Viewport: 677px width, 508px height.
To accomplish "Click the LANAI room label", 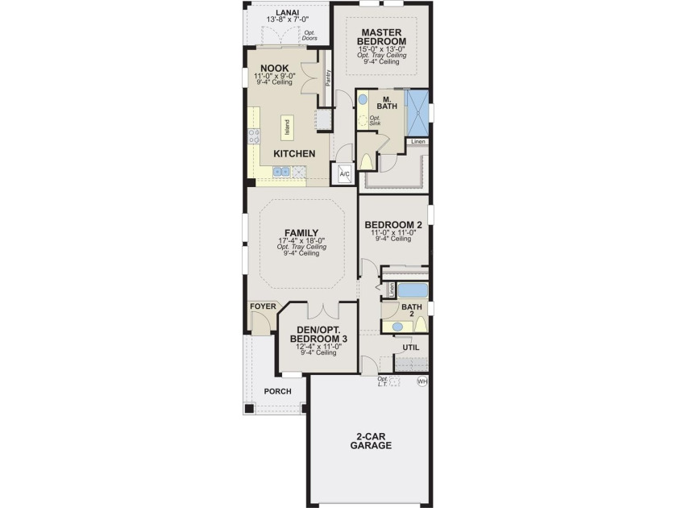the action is tap(287, 13).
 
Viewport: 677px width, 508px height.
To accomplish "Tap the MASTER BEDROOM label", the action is tap(382, 37).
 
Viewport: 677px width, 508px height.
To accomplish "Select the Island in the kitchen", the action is tap(287, 127).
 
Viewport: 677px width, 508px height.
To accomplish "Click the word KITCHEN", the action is tap(294, 154).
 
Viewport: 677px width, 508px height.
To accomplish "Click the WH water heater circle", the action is tap(422, 382).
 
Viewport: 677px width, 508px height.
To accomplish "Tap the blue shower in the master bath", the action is tap(418, 112).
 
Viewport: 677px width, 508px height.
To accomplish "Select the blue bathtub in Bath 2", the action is tap(413, 290).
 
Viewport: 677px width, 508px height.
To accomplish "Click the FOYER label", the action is tap(263, 306).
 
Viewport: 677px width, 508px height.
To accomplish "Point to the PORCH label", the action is tap(277, 391).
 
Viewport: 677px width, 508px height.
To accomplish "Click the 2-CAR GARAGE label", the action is tap(371, 441).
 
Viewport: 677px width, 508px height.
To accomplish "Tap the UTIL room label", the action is tap(410, 348).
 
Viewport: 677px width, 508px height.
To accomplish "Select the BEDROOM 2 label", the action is tap(393, 225).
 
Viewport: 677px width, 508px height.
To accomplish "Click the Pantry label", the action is tap(328, 78).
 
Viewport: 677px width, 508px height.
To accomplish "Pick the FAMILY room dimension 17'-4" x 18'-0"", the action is tap(301, 240).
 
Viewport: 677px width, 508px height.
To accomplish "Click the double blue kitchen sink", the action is tap(281, 172).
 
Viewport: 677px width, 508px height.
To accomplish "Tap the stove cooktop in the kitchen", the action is tap(254, 136).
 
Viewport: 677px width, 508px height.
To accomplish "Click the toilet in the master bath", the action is tap(366, 162).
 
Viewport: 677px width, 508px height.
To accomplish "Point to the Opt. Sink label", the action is tap(375, 120).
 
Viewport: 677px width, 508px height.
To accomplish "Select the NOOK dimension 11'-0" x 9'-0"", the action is tap(275, 76).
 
